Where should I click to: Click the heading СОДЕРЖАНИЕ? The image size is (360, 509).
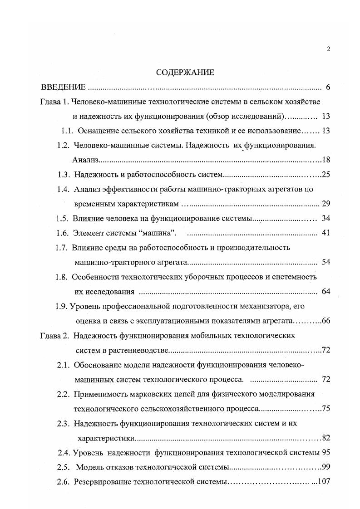(x=184, y=72)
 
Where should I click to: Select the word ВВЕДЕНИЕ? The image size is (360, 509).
(x=63, y=87)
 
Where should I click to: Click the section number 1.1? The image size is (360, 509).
(x=68, y=131)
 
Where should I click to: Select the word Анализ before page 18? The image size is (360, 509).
(x=85, y=160)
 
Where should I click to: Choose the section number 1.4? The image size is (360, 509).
(x=63, y=189)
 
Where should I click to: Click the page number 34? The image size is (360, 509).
(x=325, y=218)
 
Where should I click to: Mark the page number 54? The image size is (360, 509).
(x=325, y=262)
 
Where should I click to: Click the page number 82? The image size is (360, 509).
(x=325, y=438)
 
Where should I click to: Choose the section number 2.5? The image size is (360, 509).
(x=63, y=467)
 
